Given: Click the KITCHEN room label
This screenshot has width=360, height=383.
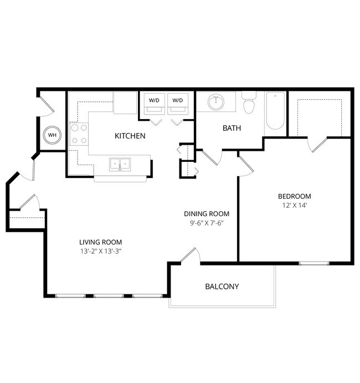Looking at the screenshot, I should click(130, 136).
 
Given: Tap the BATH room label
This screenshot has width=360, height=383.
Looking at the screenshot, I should click(232, 128).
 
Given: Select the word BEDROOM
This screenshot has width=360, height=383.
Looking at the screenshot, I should click(294, 196).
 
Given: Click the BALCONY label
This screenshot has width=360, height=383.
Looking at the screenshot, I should click(222, 287).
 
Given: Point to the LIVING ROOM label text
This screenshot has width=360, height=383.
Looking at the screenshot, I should click(100, 242).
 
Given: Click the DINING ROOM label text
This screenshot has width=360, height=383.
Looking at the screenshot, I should click(207, 214).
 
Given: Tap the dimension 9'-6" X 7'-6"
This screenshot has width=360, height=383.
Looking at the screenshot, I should click(207, 223).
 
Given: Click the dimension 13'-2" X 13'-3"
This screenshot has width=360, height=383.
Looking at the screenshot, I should click(100, 251).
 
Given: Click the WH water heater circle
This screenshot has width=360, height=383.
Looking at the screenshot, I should click(52, 135).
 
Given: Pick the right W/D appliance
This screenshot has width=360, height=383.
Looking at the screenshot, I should click(177, 103).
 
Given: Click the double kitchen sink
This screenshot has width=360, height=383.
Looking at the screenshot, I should click(120, 164).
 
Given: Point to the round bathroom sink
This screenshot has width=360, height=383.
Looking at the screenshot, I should click(215, 102).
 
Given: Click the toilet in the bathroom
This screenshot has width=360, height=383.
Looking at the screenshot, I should click(249, 103).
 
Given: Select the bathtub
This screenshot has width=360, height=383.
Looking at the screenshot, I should click(275, 111).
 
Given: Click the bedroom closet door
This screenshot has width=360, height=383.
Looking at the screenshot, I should click(316, 143).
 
